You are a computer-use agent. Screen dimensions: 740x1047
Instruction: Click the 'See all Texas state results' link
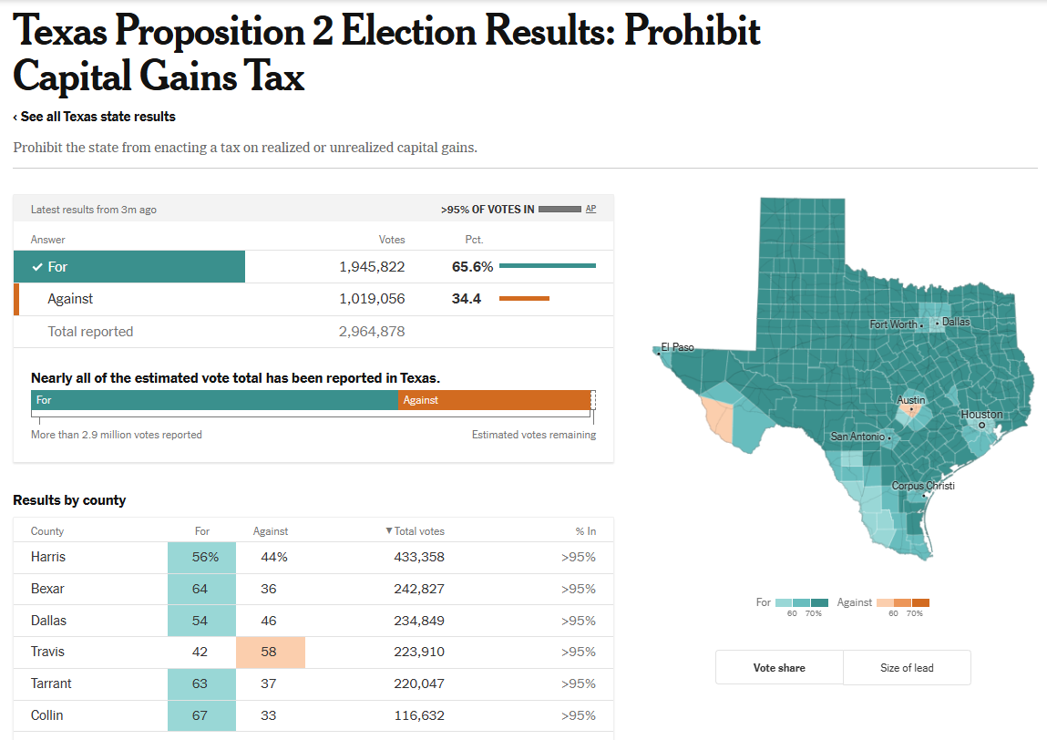tap(96, 117)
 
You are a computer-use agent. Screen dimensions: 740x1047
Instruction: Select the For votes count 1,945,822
tap(372, 267)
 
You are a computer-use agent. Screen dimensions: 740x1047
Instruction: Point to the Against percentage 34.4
tap(467, 299)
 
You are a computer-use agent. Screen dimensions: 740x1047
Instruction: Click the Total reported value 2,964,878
tap(372, 332)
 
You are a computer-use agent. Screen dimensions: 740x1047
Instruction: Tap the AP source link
tap(590, 209)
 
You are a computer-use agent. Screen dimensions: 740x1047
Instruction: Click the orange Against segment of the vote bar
tap(494, 400)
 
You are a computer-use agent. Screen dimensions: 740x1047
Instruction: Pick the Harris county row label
tap(48, 557)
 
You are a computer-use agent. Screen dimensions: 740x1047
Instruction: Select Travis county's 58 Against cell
tap(270, 652)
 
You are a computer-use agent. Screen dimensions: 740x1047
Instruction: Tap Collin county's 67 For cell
tap(200, 715)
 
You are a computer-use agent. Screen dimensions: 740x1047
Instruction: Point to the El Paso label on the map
tap(677, 347)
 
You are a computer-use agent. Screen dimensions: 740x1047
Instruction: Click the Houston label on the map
tap(981, 415)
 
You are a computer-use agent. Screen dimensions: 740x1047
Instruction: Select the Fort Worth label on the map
tap(893, 324)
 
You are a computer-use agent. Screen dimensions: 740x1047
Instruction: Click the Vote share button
tap(779, 668)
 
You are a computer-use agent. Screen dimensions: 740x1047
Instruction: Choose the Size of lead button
tap(907, 668)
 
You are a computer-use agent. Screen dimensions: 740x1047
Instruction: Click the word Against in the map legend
tap(854, 602)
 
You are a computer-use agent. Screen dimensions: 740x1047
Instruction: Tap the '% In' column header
tap(585, 531)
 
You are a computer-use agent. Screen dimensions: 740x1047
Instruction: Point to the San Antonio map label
tap(857, 437)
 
